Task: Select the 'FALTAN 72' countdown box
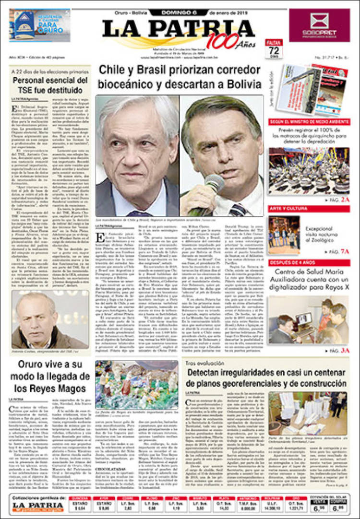[274, 49]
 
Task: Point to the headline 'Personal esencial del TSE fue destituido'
[50, 85]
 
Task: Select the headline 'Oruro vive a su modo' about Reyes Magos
[50, 376]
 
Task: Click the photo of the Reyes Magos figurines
[137, 384]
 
